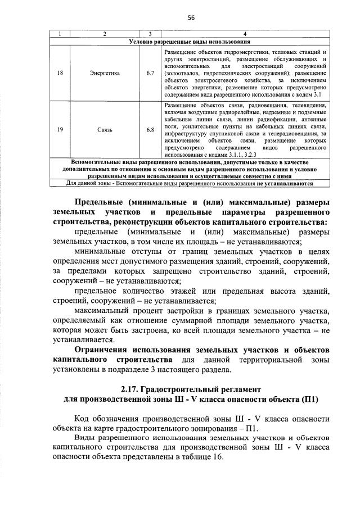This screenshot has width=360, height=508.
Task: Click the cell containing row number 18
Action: (x=60, y=72)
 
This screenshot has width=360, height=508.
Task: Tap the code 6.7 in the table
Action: (x=150, y=72)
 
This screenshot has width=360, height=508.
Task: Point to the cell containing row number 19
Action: (x=60, y=130)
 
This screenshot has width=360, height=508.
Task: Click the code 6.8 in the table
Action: (x=150, y=130)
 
